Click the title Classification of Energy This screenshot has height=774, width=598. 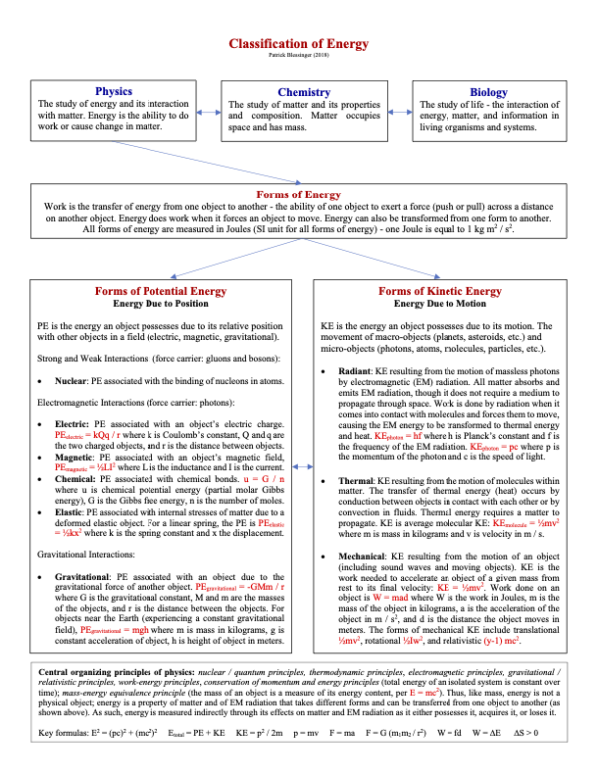(x=298, y=44)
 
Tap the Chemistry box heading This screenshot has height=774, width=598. (x=304, y=92)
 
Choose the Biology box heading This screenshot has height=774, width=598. (x=489, y=92)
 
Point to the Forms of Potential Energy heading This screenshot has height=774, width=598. (x=158, y=290)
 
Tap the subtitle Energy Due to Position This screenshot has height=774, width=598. (x=158, y=303)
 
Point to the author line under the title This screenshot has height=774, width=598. (x=298, y=56)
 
